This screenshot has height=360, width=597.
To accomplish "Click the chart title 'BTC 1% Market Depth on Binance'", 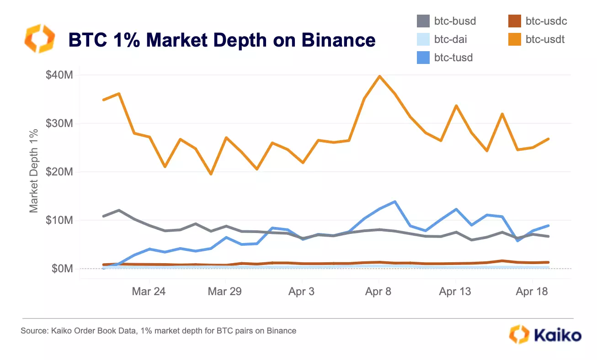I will [x=222, y=40].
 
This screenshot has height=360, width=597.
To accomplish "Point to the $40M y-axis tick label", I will [x=59, y=75].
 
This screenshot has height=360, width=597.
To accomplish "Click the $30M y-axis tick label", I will [x=59, y=123].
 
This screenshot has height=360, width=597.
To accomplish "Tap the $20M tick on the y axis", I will [x=59, y=172].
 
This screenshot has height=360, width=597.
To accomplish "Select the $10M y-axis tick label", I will [x=59, y=220].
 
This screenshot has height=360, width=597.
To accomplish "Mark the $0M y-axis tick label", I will [x=62, y=269].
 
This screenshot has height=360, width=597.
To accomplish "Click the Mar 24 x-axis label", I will [x=149, y=291].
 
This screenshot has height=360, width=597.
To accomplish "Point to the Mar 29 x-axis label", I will [x=225, y=291].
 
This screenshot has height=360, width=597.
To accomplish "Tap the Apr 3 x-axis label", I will [x=301, y=291].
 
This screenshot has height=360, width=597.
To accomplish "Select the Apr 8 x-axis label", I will [x=378, y=291].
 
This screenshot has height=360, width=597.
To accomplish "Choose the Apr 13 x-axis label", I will [x=455, y=291].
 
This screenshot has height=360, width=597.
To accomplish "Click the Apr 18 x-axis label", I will [x=532, y=291].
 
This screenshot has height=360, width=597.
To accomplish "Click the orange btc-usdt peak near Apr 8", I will [x=379, y=76].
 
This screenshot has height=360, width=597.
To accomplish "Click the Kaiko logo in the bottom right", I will [x=545, y=335].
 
